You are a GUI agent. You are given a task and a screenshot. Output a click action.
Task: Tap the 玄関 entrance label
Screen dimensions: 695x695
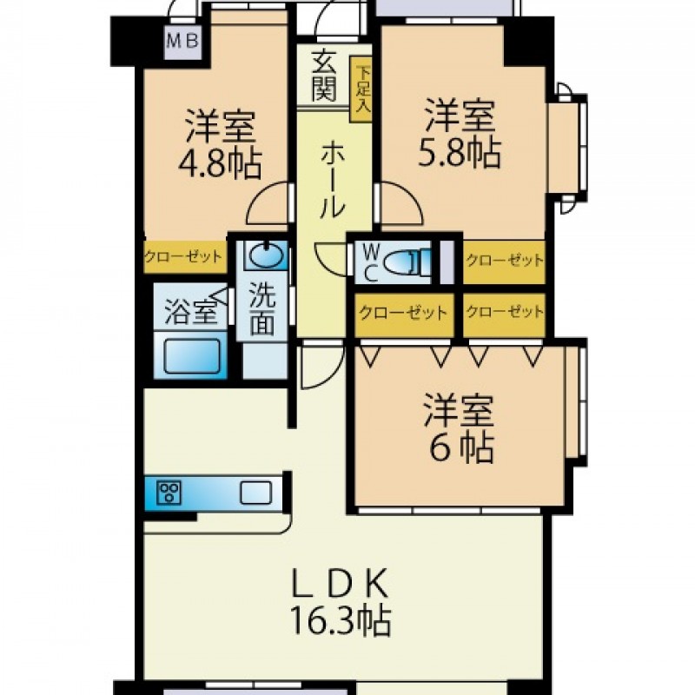[x=323, y=76]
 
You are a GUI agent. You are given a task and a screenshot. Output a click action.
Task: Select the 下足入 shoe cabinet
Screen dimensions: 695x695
[x=361, y=89]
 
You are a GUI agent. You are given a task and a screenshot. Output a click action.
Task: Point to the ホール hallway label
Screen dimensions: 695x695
[x=332, y=180]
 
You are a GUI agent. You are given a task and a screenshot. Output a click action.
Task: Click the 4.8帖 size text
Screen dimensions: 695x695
[x=220, y=162]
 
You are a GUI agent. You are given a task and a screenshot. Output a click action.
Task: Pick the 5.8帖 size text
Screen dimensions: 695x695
[x=460, y=153]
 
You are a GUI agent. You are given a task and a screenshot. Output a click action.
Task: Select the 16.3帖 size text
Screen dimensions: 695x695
[x=341, y=620]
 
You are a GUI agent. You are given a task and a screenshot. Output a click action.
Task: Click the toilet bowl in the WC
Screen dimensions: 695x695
[x=406, y=261]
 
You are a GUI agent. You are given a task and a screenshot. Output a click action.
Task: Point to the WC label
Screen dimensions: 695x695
[x=371, y=263]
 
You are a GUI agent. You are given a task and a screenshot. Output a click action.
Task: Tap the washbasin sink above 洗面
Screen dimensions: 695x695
[x=265, y=255]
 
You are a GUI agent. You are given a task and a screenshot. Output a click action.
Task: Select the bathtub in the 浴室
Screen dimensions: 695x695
[x=191, y=356]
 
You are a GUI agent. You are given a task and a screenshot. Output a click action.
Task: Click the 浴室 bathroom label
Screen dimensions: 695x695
[x=191, y=312]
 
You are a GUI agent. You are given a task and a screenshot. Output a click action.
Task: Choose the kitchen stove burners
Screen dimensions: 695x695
[x=169, y=492]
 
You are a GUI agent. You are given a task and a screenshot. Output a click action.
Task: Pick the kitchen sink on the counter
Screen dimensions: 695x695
[x=255, y=493]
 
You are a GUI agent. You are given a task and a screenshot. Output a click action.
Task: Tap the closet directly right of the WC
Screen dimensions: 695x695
[x=504, y=261]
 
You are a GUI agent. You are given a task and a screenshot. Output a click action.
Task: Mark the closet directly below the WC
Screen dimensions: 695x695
[x=404, y=314]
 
